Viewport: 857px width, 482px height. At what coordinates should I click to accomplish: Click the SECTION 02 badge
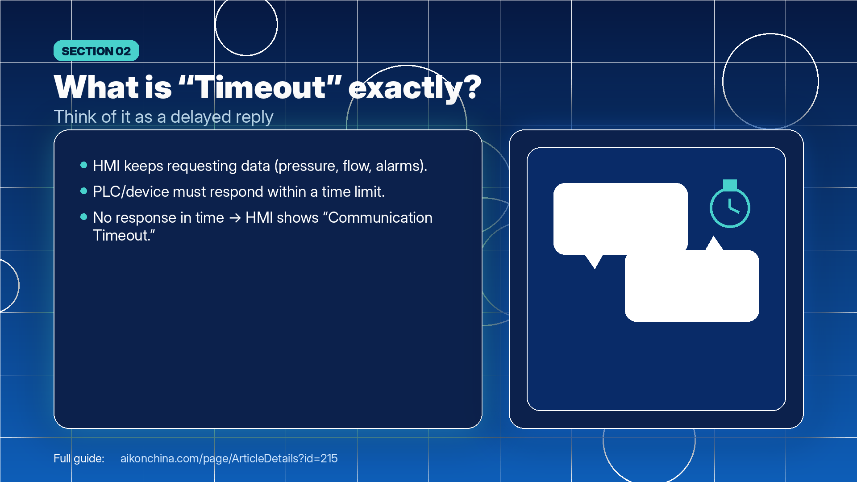tap(96, 51)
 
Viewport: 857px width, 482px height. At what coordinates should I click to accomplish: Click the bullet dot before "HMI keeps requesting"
tap(83, 165)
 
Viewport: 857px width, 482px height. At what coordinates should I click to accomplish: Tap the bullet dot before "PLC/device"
tap(83, 191)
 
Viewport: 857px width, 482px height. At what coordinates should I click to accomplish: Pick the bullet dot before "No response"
tap(83, 217)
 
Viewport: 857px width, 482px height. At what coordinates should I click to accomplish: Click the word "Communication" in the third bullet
tap(380, 218)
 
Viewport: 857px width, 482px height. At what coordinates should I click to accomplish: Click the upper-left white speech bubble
tap(620, 219)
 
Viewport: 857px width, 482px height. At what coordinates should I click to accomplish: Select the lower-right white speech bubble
tap(692, 286)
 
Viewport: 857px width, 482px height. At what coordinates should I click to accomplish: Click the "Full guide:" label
tap(79, 458)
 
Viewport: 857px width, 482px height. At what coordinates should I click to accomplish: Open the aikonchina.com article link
tap(229, 458)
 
